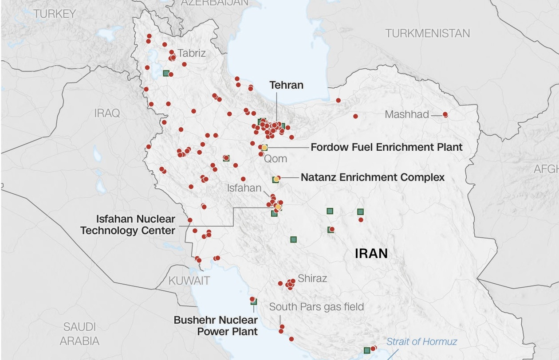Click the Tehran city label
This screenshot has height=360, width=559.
(x=286, y=85)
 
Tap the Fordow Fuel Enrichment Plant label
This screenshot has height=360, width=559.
(x=386, y=147)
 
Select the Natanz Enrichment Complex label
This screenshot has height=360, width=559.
(x=373, y=178)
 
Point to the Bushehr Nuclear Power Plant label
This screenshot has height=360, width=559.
(x=216, y=325)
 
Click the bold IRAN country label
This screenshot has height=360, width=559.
(x=371, y=254)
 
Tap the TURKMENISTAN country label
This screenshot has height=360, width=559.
(x=427, y=34)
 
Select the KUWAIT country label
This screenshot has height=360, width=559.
(x=189, y=281)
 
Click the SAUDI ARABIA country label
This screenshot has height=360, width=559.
(x=79, y=334)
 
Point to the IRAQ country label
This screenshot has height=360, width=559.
(x=107, y=113)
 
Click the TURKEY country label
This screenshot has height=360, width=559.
(x=55, y=14)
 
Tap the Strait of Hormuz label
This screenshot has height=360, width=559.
(x=421, y=342)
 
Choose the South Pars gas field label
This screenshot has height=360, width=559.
(x=316, y=307)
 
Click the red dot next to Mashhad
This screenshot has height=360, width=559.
(x=445, y=115)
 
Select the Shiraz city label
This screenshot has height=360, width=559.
(x=312, y=278)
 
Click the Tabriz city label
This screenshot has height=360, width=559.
(x=192, y=53)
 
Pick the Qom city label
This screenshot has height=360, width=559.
(x=276, y=159)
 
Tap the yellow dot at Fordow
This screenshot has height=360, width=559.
(x=264, y=147)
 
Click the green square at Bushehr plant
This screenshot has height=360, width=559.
(x=254, y=302)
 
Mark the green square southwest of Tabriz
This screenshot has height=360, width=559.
(x=166, y=73)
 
